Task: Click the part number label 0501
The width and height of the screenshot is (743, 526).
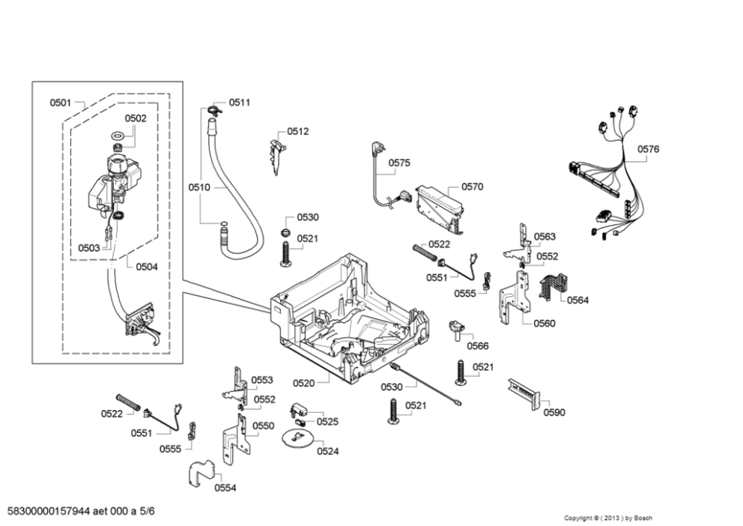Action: [x=61, y=103]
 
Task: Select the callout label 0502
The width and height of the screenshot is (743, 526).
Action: [x=136, y=118]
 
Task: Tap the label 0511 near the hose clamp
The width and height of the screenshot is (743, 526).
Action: [x=240, y=103]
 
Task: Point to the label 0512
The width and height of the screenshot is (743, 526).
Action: [x=298, y=132]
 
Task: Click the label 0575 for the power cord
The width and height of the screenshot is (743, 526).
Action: [x=399, y=163]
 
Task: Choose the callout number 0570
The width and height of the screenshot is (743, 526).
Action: [x=472, y=187]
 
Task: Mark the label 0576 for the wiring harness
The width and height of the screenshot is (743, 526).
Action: [x=649, y=150]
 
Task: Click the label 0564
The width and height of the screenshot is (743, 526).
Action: [x=577, y=300]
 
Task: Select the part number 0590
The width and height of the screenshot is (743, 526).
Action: [x=554, y=412]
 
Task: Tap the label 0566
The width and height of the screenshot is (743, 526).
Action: [x=478, y=345]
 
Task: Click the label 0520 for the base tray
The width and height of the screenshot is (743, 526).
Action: [x=304, y=383]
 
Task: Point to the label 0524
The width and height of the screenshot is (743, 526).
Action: [x=327, y=451]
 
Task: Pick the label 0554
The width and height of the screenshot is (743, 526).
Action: [x=225, y=488]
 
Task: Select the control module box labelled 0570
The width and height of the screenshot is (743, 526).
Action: [x=438, y=205]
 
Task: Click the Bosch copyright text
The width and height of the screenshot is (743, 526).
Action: [x=607, y=518]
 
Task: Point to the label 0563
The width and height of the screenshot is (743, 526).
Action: [x=545, y=237]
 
